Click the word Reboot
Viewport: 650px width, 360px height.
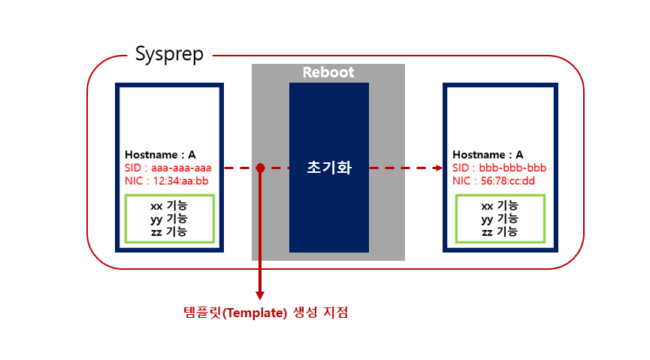[x=328, y=73]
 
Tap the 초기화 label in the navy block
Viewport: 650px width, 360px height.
[x=329, y=168]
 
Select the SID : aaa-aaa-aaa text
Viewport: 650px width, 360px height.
[x=168, y=168]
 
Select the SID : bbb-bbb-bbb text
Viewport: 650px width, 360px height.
[x=499, y=168]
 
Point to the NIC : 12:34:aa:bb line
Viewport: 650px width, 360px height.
[x=166, y=180]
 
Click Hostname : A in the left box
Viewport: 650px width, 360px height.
[x=160, y=155]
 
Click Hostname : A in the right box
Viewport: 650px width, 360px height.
[x=488, y=155]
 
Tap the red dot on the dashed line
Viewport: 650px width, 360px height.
[x=260, y=168]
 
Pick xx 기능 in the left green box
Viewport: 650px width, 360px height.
[x=169, y=206]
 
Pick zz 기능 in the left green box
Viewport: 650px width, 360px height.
[x=169, y=231]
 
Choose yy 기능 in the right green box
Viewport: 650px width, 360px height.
[x=499, y=219]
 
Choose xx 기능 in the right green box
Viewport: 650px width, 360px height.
[x=499, y=206]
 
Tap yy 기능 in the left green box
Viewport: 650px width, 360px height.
[x=169, y=219]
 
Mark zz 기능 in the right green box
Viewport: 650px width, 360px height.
[x=499, y=231]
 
